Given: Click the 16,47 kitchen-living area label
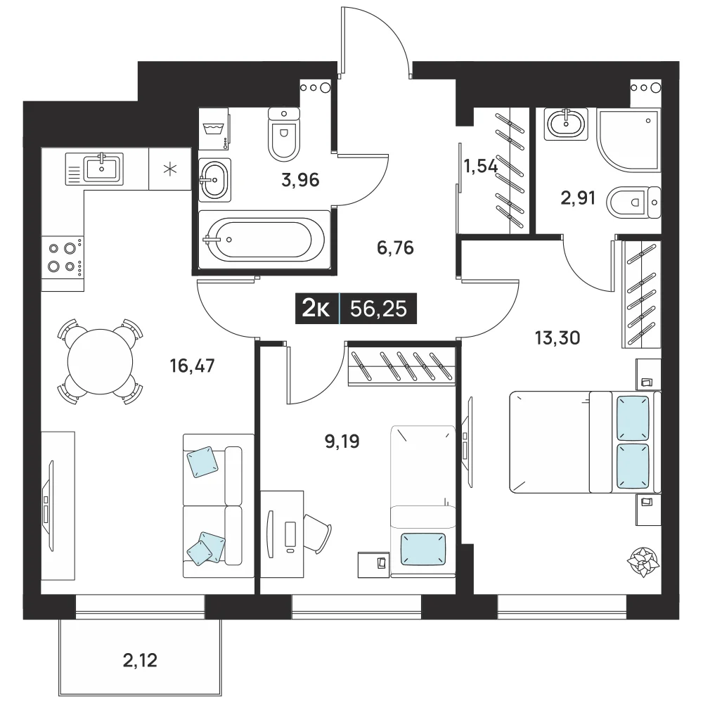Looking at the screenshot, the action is (193, 366).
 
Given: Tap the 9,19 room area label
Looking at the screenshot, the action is (342, 441).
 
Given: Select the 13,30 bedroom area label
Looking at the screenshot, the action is (557, 337).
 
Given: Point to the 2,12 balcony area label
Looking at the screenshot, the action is (140, 660).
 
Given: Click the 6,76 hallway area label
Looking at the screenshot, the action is (395, 247).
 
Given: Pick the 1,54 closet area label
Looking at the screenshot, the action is (480, 167).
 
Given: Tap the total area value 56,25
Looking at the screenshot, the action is (378, 309).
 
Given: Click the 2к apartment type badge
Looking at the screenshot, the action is (316, 309).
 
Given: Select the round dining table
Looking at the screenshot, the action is (100, 362).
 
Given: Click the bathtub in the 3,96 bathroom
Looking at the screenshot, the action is (264, 240).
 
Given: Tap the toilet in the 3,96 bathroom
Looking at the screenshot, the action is (284, 134).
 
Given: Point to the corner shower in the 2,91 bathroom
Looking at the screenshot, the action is (628, 139).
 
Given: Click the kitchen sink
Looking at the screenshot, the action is (94, 169).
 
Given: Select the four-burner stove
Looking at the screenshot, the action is (63, 258).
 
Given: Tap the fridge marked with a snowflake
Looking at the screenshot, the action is (170, 169).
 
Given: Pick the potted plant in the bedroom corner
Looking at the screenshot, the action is (643, 562).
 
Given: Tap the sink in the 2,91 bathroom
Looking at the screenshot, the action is (566, 123).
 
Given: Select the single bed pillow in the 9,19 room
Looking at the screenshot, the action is (423, 549).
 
